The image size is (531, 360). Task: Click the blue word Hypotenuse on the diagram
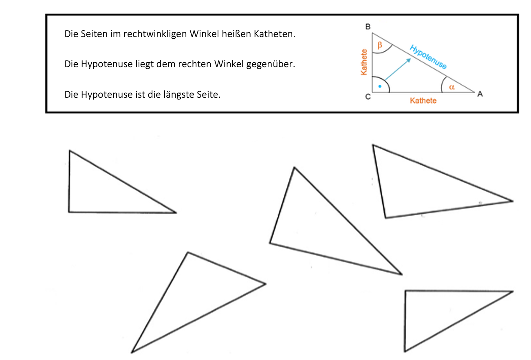(x=428, y=57)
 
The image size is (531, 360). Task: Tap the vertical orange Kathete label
(x=364, y=62)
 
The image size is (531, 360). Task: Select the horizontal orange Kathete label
(x=423, y=101)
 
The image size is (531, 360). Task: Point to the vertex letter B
(x=368, y=27)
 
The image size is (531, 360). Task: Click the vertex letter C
(x=368, y=97)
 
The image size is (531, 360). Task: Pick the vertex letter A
(x=480, y=94)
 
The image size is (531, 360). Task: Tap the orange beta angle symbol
(x=380, y=45)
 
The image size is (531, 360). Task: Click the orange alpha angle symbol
(x=452, y=88)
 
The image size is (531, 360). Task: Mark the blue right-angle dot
(x=380, y=86)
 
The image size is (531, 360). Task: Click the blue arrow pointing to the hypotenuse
(x=398, y=69)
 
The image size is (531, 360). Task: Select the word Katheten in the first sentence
(x=275, y=34)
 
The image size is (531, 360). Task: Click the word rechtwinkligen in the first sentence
(x=155, y=34)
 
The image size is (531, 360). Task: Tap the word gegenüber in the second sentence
(x=271, y=64)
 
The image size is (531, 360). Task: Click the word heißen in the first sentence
(x=236, y=34)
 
